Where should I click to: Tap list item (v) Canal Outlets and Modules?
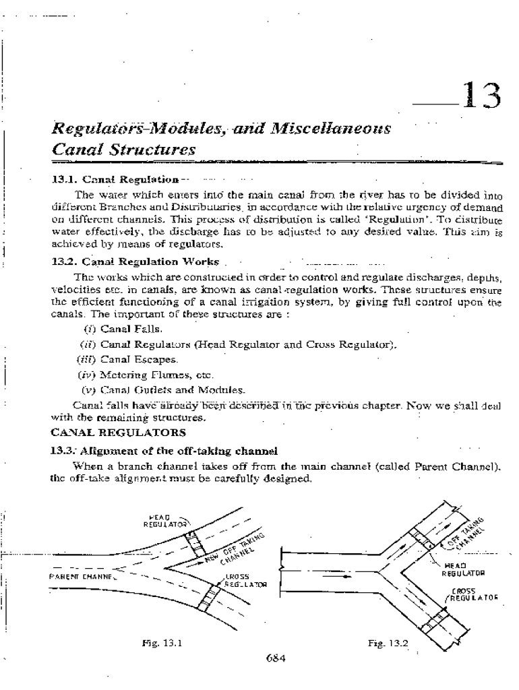pos(154,389)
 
